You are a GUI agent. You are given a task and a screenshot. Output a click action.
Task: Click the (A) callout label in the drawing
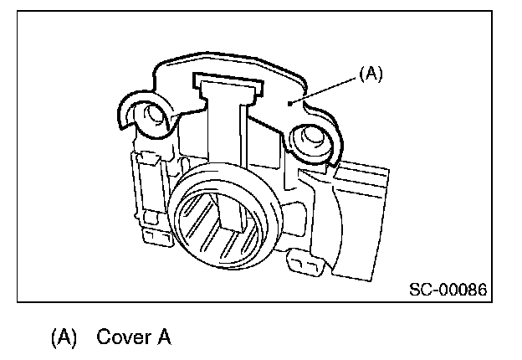pyautogui.click(x=371, y=74)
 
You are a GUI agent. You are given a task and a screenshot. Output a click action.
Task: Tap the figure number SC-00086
pyautogui.click(x=448, y=290)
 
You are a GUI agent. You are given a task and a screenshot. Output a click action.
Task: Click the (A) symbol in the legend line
pyautogui.click(x=64, y=338)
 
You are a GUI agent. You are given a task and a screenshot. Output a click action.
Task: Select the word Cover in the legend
pyautogui.click(x=121, y=338)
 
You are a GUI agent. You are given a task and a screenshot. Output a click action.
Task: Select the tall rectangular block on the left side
pyautogui.click(x=146, y=188)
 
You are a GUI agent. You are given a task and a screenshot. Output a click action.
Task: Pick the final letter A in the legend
pyautogui.click(x=164, y=338)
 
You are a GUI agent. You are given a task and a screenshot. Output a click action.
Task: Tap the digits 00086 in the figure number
pyautogui.click(x=463, y=290)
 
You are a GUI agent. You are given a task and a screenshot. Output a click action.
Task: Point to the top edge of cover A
pyautogui.click(x=226, y=55)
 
